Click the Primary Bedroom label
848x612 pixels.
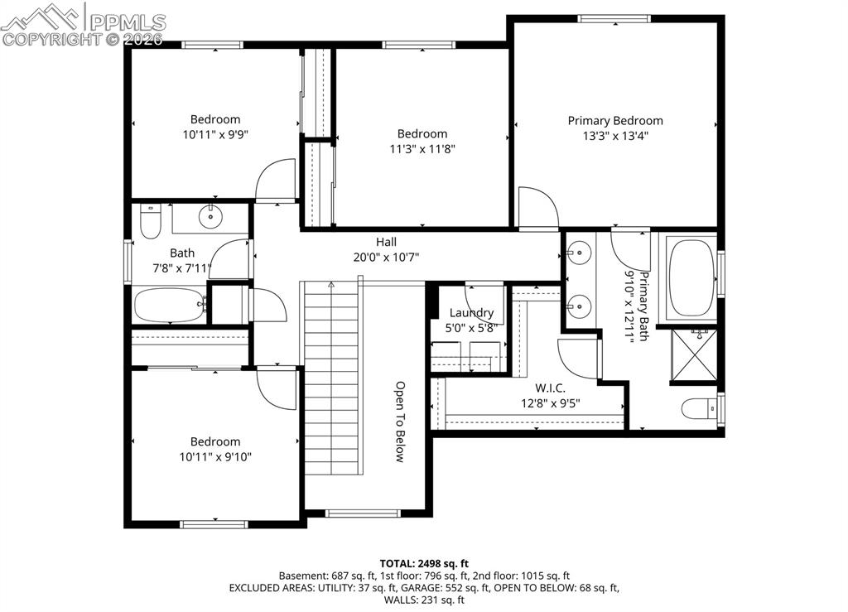tap(614, 121)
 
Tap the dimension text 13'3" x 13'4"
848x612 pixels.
tap(614, 136)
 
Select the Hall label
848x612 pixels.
tap(386, 242)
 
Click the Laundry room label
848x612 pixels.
tap(471, 312)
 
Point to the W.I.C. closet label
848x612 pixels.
tap(549, 388)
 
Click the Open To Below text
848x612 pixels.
tap(399, 422)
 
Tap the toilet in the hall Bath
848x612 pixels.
tap(150, 222)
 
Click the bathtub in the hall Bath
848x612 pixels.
tap(169, 305)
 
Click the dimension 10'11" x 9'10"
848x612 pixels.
tap(215, 456)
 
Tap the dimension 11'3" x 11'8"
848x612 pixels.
tap(422, 149)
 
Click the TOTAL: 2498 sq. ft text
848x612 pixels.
tap(423, 563)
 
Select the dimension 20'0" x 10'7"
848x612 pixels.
tap(386, 257)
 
